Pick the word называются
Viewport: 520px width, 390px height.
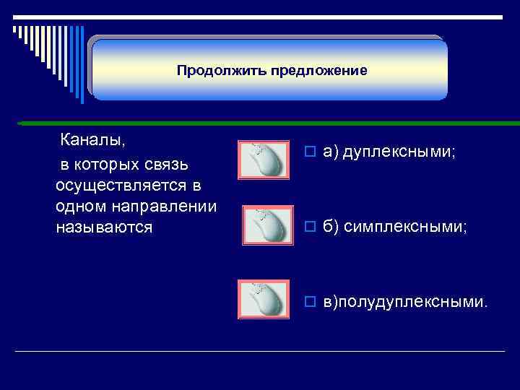(104, 227)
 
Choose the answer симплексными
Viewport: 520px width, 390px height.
(405, 227)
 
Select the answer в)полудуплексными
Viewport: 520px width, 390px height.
(404, 300)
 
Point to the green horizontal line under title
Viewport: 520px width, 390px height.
(260, 123)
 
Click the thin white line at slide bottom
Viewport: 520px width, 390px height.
(260, 351)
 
